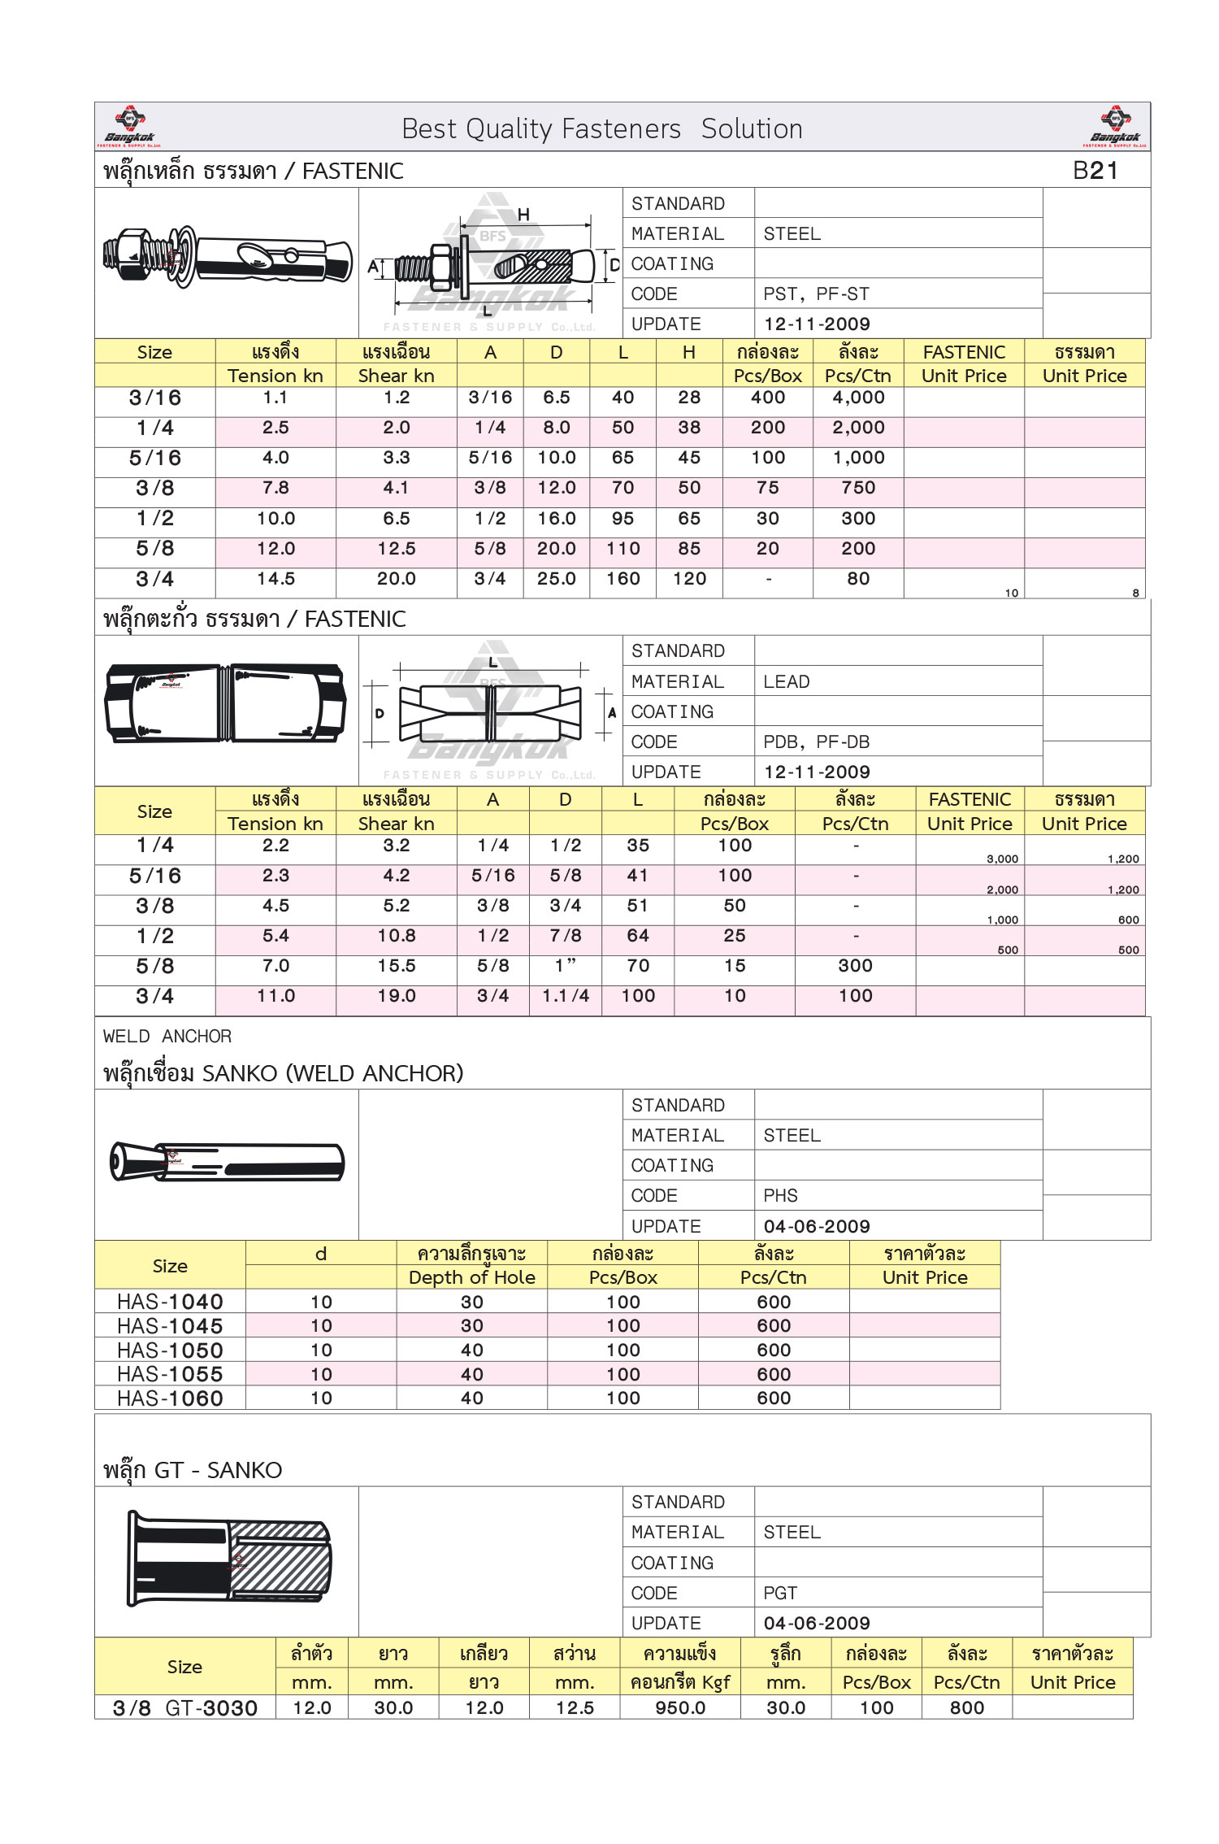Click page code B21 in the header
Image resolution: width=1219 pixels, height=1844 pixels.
tap(1095, 171)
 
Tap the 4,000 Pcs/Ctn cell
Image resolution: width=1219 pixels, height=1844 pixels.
tap(858, 398)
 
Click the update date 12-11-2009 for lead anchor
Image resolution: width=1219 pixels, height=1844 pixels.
tap(816, 772)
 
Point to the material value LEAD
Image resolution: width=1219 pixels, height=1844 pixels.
tap(786, 682)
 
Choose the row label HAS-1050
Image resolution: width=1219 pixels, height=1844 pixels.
tap(170, 1350)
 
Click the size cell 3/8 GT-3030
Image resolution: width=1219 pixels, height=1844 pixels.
tap(185, 1708)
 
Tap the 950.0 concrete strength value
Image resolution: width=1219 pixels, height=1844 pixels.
tap(680, 1708)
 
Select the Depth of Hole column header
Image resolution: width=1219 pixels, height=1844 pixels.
tap(471, 1278)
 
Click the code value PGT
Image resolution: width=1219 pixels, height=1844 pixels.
tap(780, 1594)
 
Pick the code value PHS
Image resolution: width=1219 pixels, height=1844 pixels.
tap(780, 1196)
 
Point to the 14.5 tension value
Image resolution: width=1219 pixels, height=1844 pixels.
tap(275, 579)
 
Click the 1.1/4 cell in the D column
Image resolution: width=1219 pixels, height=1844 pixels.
tap(566, 996)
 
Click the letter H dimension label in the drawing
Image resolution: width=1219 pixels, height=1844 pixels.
tap(523, 215)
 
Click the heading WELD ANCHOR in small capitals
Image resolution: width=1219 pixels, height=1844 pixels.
tap(167, 1037)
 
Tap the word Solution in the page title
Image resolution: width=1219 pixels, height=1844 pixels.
tap(752, 129)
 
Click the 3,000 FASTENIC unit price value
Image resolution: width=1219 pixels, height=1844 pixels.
tap(1002, 859)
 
